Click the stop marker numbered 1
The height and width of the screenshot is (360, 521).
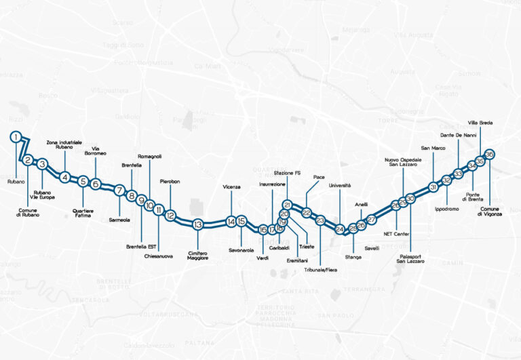coord(15,137)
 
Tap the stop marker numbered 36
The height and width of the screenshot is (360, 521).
coord(490,154)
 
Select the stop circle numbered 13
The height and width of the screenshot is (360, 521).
coord(197,224)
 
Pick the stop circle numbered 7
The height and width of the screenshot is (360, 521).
coord(119,191)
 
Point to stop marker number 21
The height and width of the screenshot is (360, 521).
coord(287,205)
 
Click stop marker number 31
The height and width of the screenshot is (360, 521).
coord(432,187)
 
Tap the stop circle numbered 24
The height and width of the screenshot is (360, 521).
coord(340,230)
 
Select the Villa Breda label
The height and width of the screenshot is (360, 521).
coord(480,123)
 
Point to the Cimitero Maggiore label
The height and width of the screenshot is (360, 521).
coord(197,256)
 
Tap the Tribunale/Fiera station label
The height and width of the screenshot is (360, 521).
coord(320,270)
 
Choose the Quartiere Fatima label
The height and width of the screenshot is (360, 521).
coord(83,211)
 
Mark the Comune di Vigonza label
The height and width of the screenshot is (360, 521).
coord(490,212)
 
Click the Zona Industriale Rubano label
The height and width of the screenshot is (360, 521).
coord(64,145)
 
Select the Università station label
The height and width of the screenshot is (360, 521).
coord(339,185)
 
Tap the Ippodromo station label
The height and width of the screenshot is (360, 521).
coord(447,209)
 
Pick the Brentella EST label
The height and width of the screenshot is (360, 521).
coord(141,247)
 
